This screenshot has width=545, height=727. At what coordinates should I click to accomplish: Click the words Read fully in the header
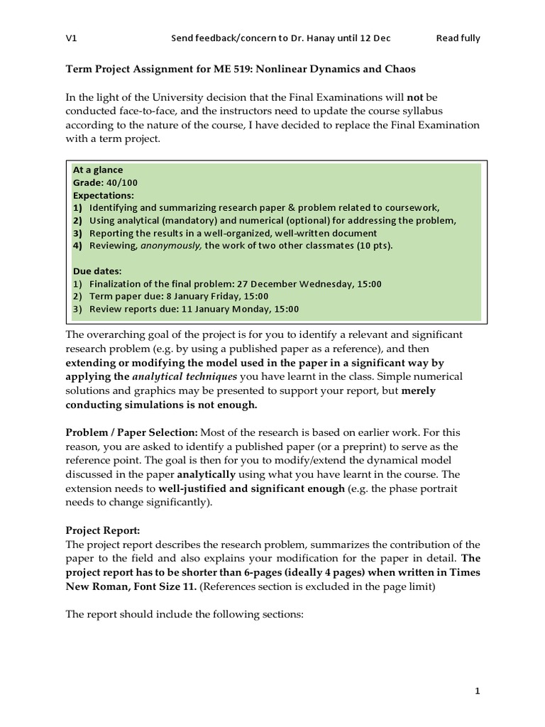pyautogui.click(x=458, y=38)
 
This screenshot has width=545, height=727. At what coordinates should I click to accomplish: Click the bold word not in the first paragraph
pyautogui.click(x=416, y=97)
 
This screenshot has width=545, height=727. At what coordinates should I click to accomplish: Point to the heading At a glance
pyautogui.click(x=98, y=170)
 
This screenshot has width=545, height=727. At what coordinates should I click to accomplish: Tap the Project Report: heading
pyautogui.click(x=99, y=530)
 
